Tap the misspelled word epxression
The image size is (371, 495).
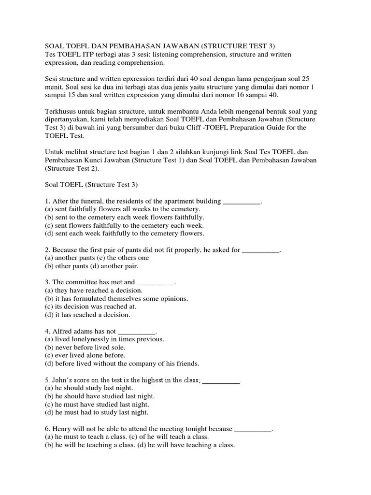point(137,79)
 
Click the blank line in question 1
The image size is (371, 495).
point(242,201)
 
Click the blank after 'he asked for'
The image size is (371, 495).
point(260,250)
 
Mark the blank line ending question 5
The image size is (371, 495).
point(221,380)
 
